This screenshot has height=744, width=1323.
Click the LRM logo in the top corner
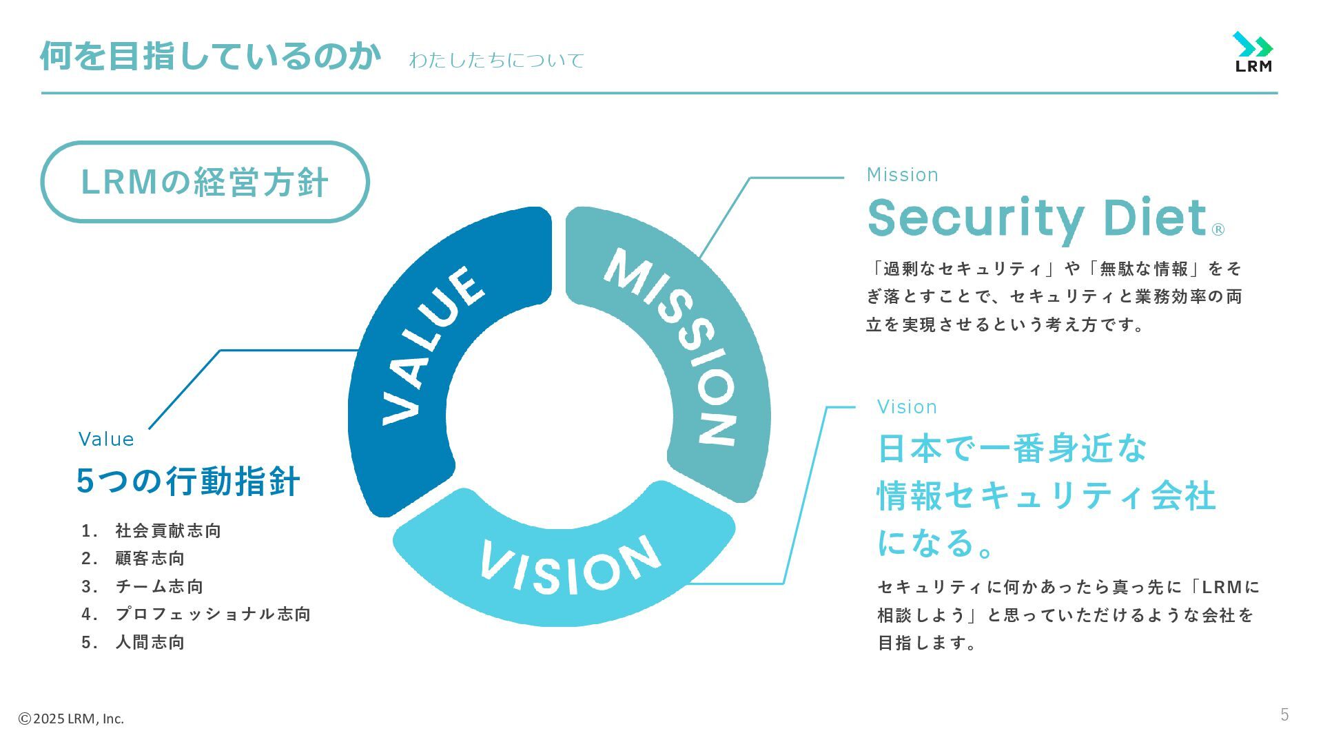pyautogui.click(x=1253, y=52)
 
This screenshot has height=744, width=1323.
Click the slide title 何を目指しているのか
pyautogui.click(x=210, y=56)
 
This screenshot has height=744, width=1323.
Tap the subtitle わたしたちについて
pyautogui.click(x=496, y=61)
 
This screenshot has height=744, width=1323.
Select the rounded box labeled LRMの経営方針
pyautogui.click(x=205, y=182)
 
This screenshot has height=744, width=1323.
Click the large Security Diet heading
pyautogui.click(x=1037, y=219)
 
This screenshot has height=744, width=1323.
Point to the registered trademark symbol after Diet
pyautogui.click(x=1218, y=229)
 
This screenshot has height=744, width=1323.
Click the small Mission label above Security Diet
pyautogui.click(x=902, y=175)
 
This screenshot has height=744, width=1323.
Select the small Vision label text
pyautogui.click(x=907, y=407)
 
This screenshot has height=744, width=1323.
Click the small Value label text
pyautogui.click(x=106, y=440)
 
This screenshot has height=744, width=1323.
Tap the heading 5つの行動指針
pyautogui.click(x=188, y=482)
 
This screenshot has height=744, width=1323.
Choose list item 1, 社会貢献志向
pyautogui.click(x=167, y=530)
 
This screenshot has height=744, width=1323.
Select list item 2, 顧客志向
pyautogui.click(x=150, y=558)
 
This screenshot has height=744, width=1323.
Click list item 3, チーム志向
pyautogui.click(x=159, y=586)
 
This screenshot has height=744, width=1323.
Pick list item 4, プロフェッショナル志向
pyautogui.click(x=213, y=614)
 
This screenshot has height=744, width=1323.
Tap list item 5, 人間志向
pyautogui.click(x=150, y=642)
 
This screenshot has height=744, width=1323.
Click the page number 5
pyautogui.click(x=1284, y=715)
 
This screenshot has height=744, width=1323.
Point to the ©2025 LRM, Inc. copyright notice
pyautogui.click(x=71, y=719)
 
